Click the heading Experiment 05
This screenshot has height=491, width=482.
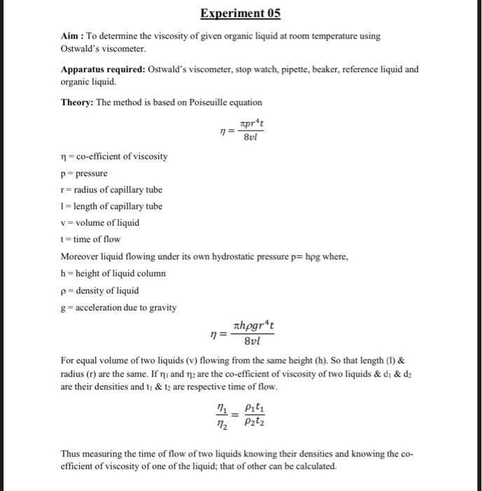pos(240,14)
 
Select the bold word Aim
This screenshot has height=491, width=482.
pos(71,36)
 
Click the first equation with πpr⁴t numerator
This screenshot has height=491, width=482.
pos(240,130)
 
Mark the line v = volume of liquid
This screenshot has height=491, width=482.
pos(100,223)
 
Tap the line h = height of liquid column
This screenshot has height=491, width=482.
pos(113,274)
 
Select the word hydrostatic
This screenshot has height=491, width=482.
pos(200,257)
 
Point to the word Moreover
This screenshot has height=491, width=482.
pos(80,257)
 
